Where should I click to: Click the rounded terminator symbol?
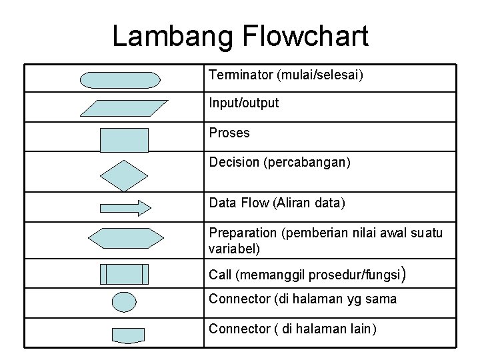click(120, 80)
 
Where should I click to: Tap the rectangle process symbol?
click(124, 141)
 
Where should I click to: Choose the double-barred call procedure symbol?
click(124, 274)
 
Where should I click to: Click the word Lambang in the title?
click(167, 37)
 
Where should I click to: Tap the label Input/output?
click(244, 103)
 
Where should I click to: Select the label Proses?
click(229, 133)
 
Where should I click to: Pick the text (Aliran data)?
click(309, 203)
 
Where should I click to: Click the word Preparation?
click(243, 233)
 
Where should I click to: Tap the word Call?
click(220, 275)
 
